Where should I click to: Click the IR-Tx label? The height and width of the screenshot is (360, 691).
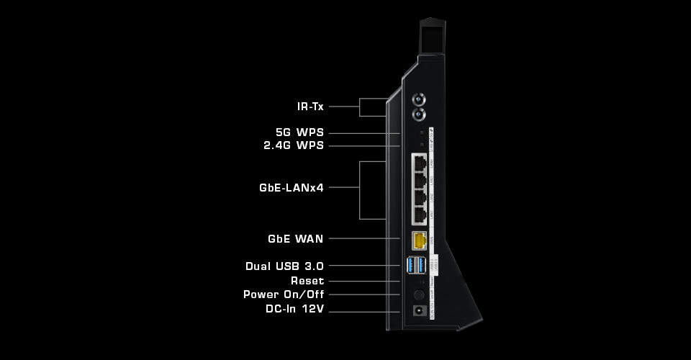(x=310, y=107)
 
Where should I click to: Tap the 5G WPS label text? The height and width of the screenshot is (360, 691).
(x=299, y=132)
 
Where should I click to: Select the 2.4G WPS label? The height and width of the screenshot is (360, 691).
(x=293, y=145)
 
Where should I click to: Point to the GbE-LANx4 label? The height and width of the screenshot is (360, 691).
(x=292, y=188)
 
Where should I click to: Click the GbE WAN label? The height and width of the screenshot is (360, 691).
(x=295, y=238)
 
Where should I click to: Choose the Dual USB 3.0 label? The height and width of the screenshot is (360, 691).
(x=284, y=266)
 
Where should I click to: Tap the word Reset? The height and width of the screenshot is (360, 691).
(x=307, y=281)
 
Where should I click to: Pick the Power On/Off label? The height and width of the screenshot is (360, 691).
(x=284, y=294)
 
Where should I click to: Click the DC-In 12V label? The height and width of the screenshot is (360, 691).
(x=294, y=309)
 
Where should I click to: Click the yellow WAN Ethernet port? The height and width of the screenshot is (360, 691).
(x=418, y=240)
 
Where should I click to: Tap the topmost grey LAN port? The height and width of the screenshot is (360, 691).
(x=418, y=163)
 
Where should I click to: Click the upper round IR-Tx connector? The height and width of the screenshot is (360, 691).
(x=418, y=99)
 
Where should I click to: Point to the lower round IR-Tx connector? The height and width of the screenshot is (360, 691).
(x=418, y=114)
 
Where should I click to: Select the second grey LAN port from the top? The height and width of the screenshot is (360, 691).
(x=418, y=180)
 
